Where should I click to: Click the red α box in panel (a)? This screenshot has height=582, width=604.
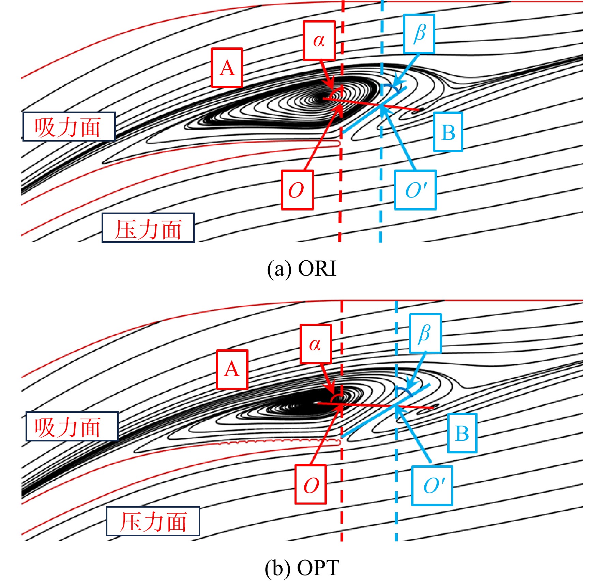pyautogui.click(x=319, y=41)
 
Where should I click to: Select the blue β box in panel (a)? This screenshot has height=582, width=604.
pyautogui.click(x=419, y=34)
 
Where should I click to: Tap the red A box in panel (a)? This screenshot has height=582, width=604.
pyautogui.click(x=227, y=68)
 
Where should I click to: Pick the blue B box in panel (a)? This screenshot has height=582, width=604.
pyautogui.click(x=448, y=132)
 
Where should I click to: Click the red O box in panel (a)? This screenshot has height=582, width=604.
pyautogui.click(x=297, y=190)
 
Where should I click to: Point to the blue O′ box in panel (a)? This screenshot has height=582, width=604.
pyautogui.click(x=416, y=190)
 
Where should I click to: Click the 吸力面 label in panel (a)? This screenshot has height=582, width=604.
pyautogui.click(x=69, y=127)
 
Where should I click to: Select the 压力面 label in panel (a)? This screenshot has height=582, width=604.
pyautogui.click(x=148, y=228)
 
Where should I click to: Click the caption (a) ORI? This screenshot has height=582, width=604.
pyautogui.click(x=302, y=268)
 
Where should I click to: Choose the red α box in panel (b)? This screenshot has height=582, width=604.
pyautogui.click(x=316, y=344)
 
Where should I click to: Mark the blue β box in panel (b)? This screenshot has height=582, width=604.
pyautogui.click(x=425, y=333)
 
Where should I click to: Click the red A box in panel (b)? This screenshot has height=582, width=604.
pyautogui.click(x=232, y=369)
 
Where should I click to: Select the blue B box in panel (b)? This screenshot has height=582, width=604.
pyautogui.click(x=462, y=433)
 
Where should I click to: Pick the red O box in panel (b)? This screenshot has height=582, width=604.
pyautogui.click(x=311, y=484)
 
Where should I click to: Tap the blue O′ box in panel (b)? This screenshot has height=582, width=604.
pyautogui.click(x=432, y=485)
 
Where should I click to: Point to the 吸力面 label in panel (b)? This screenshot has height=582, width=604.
pyautogui.click(x=72, y=426)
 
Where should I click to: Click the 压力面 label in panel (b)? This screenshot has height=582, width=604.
pyautogui.click(x=153, y=521)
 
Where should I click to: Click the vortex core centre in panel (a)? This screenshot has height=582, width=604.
pyautogui.click(x=320, y=99)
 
